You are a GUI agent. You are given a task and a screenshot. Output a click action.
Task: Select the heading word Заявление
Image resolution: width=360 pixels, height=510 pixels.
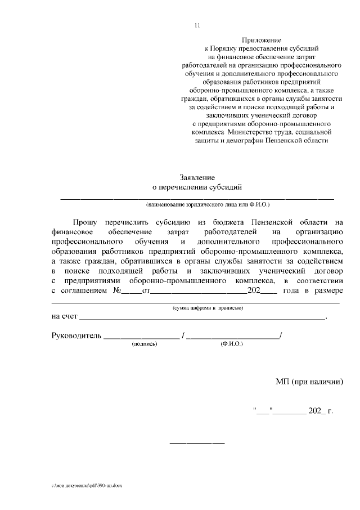(197, 177)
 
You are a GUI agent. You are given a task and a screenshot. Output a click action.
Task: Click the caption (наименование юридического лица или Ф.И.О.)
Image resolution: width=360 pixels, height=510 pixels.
(197, 205)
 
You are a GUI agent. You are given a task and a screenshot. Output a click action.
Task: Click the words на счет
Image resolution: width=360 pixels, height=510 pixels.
(63, 317)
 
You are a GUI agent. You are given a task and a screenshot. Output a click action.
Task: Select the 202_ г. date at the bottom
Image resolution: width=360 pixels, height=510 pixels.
(321, 411)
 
